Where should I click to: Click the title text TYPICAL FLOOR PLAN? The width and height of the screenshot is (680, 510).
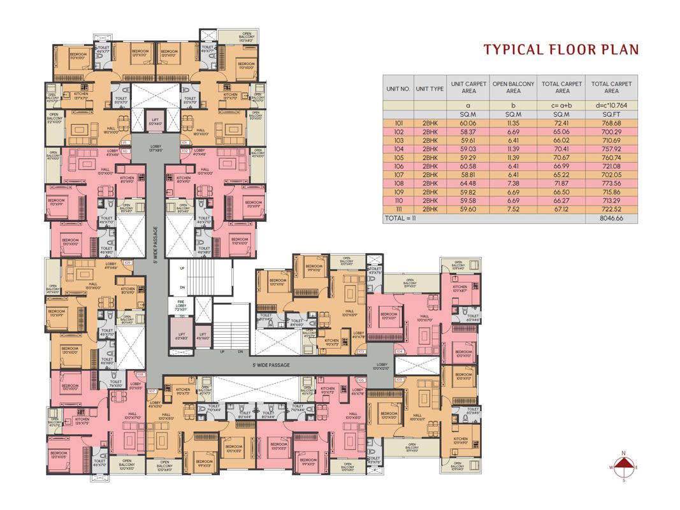[x=561, y=50]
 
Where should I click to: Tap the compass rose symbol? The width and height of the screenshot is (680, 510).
[x=625, y=467]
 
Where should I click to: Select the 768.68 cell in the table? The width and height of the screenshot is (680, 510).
[x=611, y=122]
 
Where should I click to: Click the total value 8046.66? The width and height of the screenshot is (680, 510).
[x=611, y=217]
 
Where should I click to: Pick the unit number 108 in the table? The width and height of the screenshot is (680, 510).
[x=395, y=183]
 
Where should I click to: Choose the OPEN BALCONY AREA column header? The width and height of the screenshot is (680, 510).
[x=513, y=87]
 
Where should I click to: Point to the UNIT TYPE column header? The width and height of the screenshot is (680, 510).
[x=429, y=88]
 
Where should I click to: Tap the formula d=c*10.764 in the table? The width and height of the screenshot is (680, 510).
[x=611, y=105]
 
